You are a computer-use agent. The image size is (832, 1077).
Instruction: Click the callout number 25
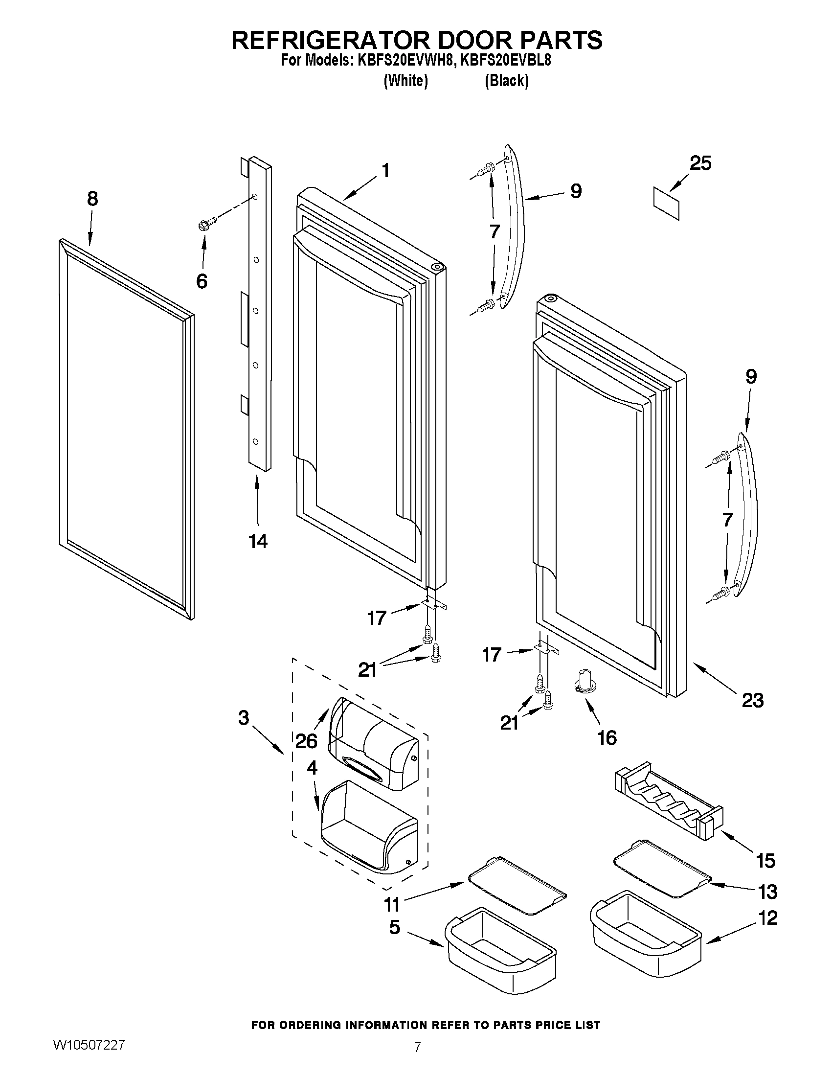pos(700,163)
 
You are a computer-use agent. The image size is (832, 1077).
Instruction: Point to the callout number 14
pos(257,542)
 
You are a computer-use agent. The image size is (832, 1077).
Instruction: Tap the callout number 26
pos(306,741)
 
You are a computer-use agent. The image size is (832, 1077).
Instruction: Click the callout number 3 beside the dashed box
pos(244,717)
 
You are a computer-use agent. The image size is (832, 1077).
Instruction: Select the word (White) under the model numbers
pos(405,81)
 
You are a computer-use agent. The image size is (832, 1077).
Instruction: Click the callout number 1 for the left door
pos(385,171)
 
